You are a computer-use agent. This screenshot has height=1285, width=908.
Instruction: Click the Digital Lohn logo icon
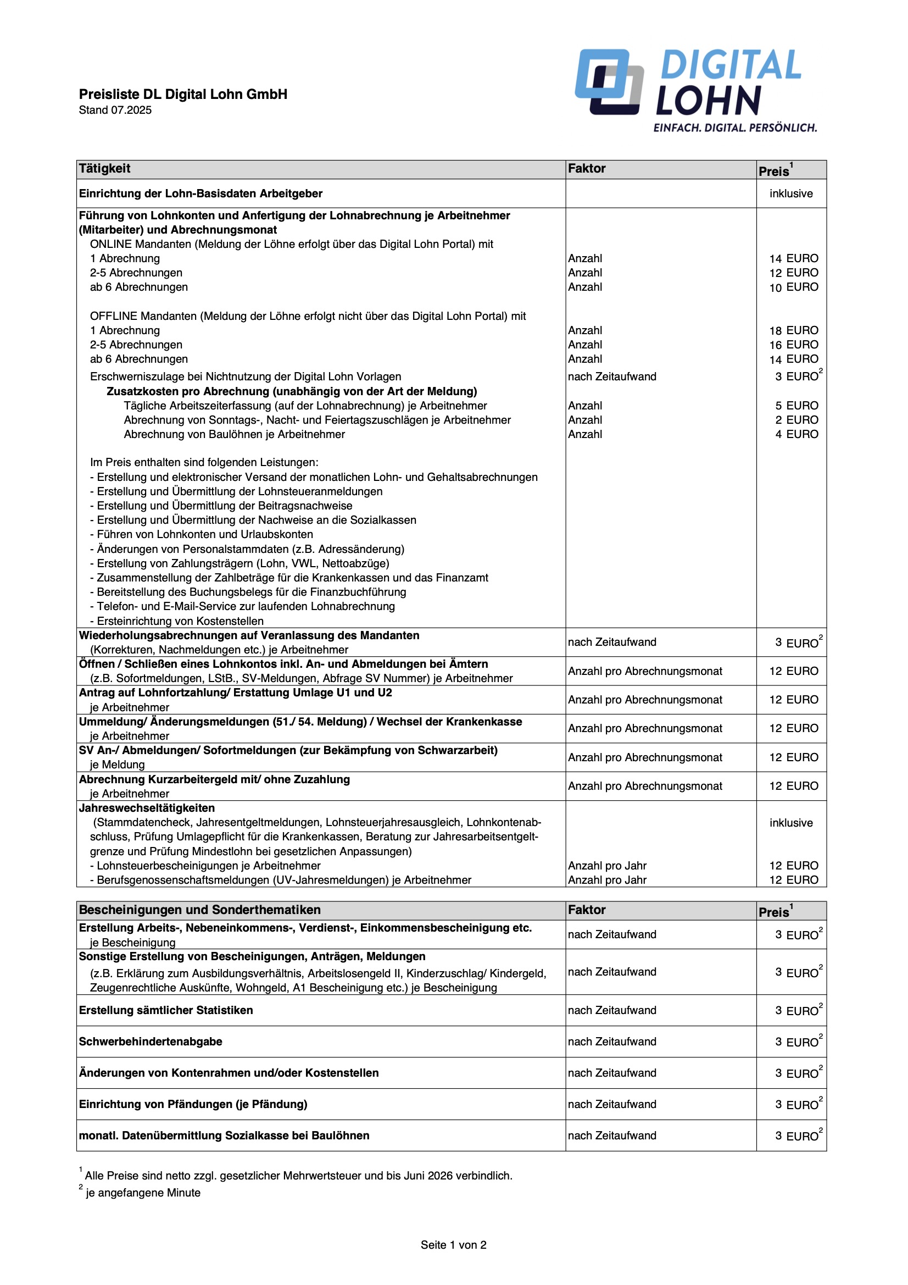[609, 82]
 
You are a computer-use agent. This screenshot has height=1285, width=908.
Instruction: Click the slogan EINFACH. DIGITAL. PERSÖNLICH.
[734, 128]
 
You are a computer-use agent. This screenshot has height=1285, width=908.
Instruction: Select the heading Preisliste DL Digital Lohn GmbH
[183, 94]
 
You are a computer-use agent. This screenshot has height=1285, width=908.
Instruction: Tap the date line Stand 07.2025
[115, 110]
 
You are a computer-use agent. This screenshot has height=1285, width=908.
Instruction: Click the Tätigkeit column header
[104, 169]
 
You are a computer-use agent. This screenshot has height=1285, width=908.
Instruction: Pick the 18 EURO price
[793, 330]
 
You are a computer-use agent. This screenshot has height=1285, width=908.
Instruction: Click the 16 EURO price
[793, 345]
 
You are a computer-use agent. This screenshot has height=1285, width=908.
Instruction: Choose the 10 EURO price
[793, 287]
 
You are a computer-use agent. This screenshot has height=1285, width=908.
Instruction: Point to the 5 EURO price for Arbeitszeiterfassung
[796, 405]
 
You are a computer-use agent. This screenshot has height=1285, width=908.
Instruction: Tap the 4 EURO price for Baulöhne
[796, 434]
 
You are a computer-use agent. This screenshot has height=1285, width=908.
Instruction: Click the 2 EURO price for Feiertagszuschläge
[796, 420]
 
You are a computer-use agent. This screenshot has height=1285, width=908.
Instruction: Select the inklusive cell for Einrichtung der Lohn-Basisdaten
[790, 193]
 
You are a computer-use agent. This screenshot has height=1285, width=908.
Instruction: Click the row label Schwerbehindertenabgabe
[151, 1042]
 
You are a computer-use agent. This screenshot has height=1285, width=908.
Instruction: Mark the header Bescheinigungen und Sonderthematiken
[200, 910]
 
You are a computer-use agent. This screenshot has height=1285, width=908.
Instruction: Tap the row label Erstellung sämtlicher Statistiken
[165, 1010]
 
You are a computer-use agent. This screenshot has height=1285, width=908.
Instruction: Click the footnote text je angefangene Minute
[143, 1193]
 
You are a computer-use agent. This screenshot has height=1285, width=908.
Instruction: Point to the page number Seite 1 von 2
[453, 1245]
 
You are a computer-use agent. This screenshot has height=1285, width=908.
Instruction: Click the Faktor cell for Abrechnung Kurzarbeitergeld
[644, 786]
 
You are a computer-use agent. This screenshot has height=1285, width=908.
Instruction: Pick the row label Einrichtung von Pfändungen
[193, 1104]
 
